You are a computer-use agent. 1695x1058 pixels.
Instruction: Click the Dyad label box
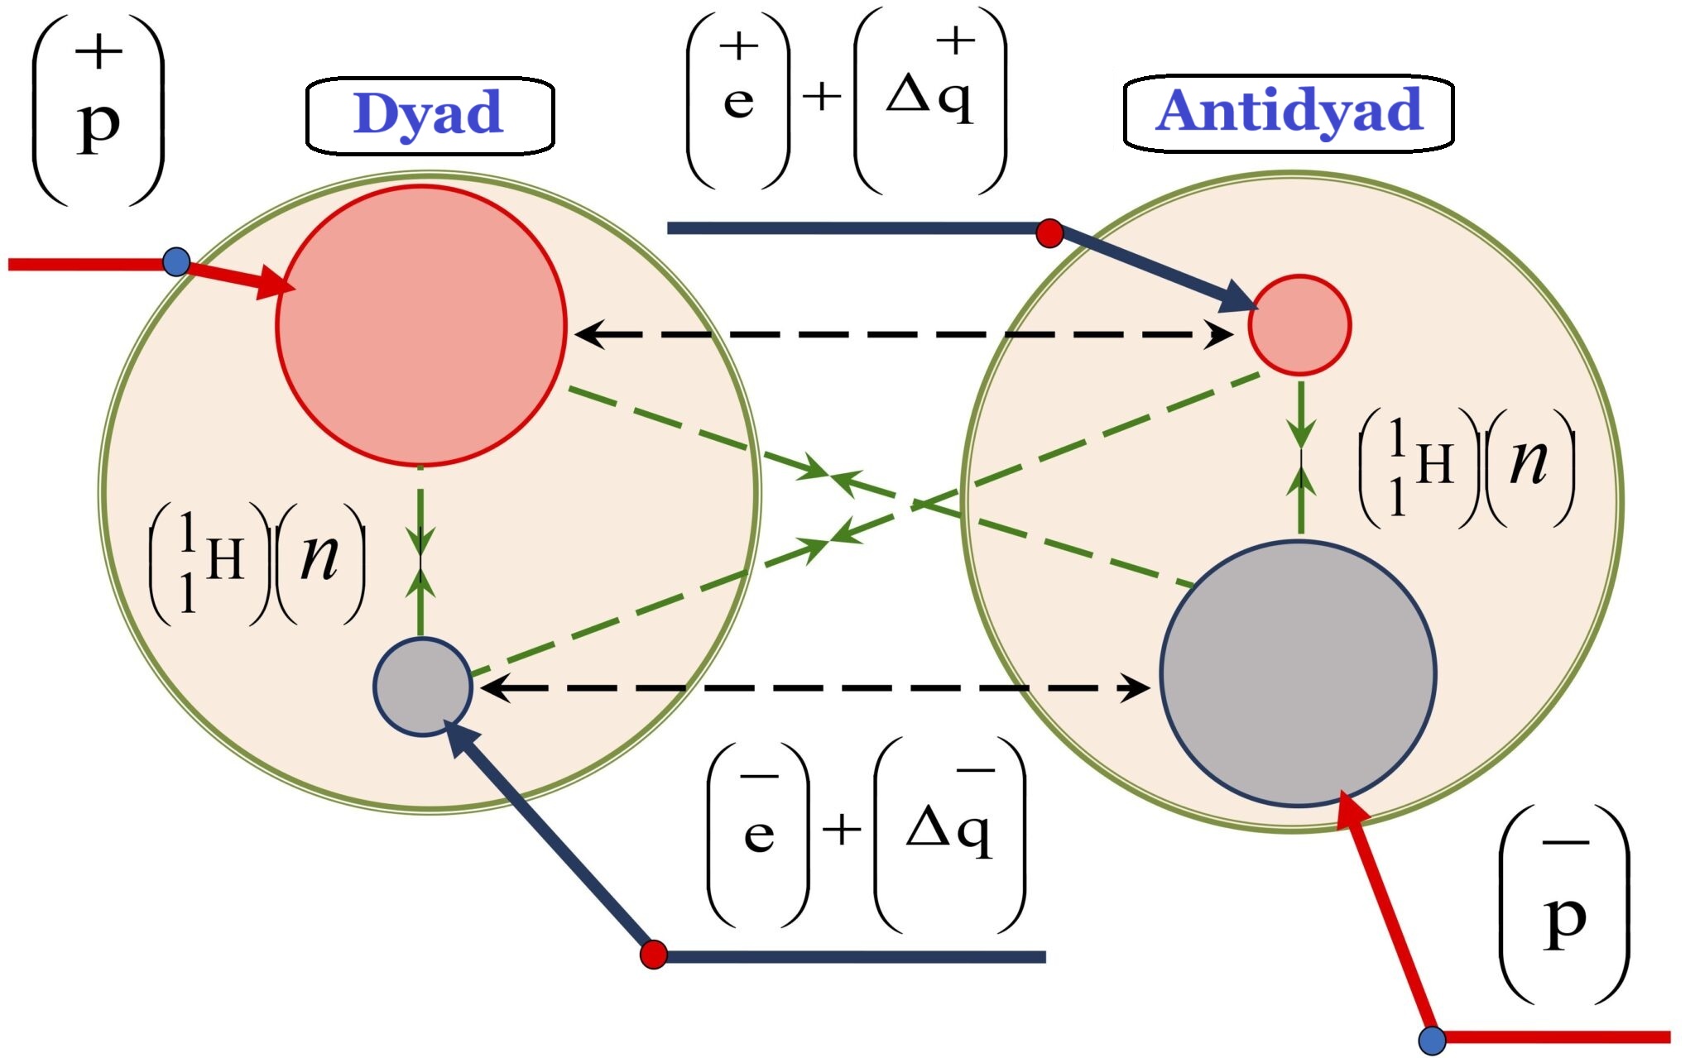430,115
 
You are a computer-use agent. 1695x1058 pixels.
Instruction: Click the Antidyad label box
1288,113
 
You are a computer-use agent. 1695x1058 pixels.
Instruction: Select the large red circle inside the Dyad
421,325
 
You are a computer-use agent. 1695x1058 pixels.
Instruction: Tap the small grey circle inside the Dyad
423,687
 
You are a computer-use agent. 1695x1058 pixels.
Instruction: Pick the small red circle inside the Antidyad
1299,325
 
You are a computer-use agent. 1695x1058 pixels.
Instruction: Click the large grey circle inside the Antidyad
1298,673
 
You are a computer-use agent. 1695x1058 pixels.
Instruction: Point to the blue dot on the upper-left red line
176,262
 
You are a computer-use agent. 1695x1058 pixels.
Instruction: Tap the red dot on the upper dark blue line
1049,233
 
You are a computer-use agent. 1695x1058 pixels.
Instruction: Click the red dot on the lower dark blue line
654,954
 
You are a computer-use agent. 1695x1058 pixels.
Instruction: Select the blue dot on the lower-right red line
1433,1041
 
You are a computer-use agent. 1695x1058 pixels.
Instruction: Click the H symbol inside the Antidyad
1434,464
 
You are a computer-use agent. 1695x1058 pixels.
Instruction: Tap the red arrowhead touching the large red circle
277,284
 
